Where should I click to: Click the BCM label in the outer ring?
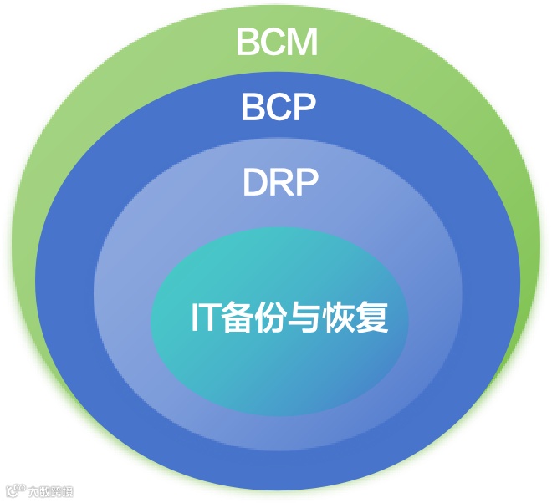pyautogui.click(x=277, y=42)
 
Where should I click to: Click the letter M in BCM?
pyautogui.click(x=301, y=42)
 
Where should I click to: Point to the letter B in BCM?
pyautogui.click(x=248, y=42)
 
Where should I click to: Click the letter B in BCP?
pyautogui.click(x=253, y=107)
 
